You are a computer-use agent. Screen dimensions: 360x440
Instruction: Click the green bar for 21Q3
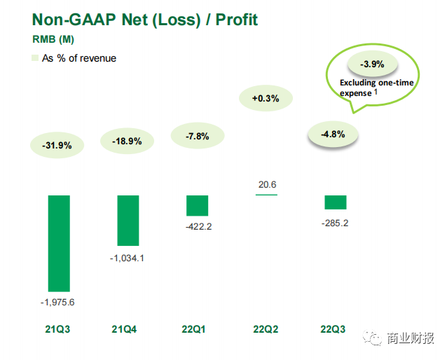pos(58,243)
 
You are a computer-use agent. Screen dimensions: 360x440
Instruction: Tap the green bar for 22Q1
pos(197,205)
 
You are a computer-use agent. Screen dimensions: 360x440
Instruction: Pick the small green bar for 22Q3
pos(336,202)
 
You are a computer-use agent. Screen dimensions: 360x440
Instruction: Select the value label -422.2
pos(197,226)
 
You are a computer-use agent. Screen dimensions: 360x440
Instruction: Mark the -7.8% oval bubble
pos(197,136)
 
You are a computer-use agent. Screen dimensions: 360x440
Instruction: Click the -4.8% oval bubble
pos(333,134)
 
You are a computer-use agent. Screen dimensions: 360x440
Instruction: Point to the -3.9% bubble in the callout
pos(371,64)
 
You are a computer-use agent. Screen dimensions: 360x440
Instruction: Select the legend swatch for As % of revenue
pos(34,59)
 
